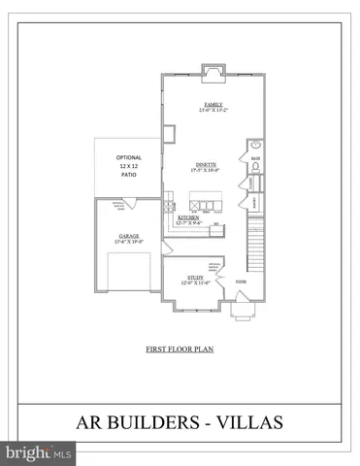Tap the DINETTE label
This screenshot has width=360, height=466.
click(205, 166)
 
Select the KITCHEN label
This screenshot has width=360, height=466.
click(188, 218)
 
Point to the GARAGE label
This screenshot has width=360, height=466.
click(129, 236)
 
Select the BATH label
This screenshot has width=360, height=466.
click(255, 158)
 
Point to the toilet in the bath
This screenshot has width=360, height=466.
click(255, 166)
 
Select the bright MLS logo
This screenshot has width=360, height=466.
click(38, 452)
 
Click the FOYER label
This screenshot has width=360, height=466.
click(242, 283)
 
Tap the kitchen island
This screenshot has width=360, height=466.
click(205, 205)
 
